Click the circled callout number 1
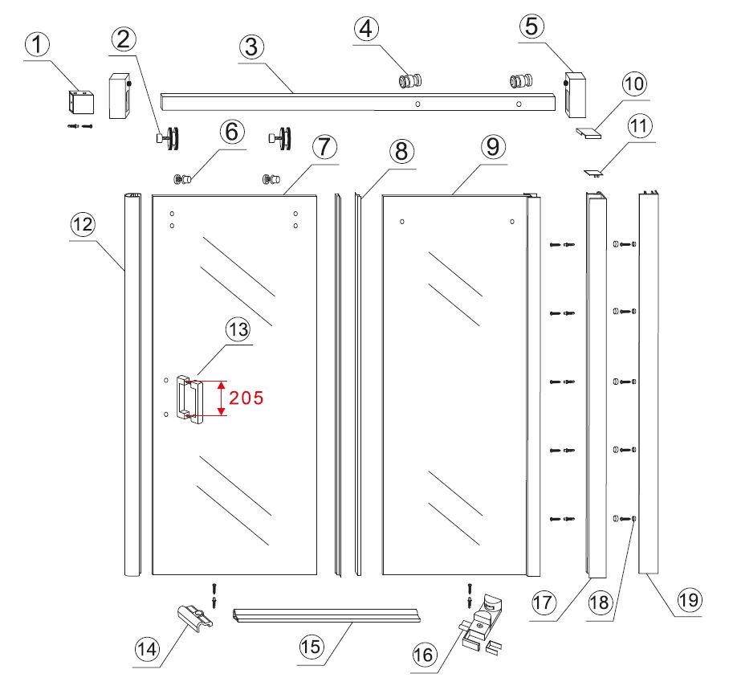[37, 45]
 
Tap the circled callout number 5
[532, 26]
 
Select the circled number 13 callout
[238, 329]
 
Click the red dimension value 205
[246, 398]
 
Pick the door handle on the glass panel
[189, 399]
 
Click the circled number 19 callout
[689, 600]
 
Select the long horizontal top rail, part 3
[358, 102]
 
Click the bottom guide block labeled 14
[195, 618]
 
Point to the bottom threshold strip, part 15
[326, 615]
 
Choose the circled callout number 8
[401, 151]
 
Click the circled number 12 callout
[83, 224]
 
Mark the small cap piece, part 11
[593, 173]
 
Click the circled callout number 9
[494, 147]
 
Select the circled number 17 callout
[544, 602]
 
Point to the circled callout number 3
[251, 47]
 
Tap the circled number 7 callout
[324, 147]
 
